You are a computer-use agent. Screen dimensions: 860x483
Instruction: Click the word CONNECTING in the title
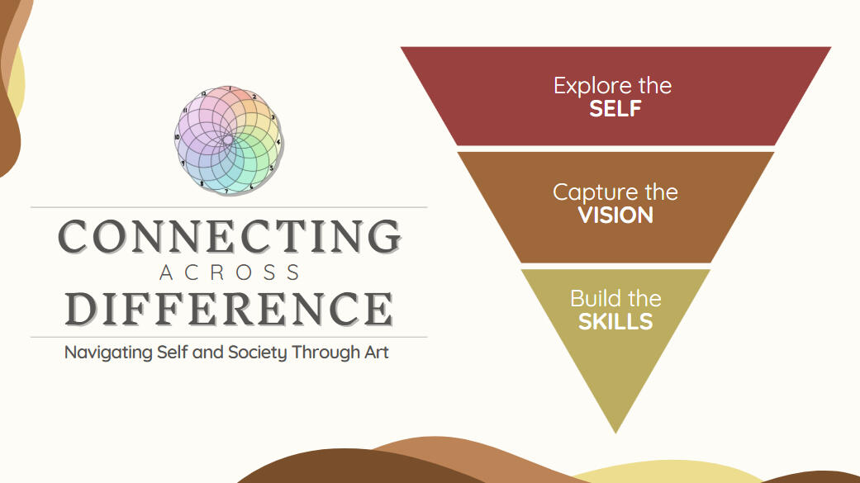(x=230, y=236)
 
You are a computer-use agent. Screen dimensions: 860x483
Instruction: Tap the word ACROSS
(x=230, y=272)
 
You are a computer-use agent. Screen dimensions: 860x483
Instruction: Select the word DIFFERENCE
(x=230, y=309)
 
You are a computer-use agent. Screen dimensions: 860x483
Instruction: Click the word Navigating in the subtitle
(x=108, y=353)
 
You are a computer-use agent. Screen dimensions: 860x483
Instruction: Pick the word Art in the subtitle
(x=377, y=352)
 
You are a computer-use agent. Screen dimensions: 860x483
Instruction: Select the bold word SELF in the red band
(x=615, y=108)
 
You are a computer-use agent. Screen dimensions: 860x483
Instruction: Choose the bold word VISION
(x=615, y=215)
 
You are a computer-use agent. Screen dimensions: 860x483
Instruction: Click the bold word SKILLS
(x=615, y=322)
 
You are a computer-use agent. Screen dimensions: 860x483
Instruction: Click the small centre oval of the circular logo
(x=228, y=140)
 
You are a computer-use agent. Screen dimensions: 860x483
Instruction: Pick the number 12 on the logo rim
(x=203, y=94)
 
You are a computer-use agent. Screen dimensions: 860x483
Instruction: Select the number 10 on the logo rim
(x=177, y=137)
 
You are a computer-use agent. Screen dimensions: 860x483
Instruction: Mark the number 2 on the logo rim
(x=254, y=97)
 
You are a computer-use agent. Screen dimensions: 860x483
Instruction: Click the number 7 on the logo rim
(x=226, y=192)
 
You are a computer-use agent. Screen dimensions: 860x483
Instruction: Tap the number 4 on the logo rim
(x=278, y=142)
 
